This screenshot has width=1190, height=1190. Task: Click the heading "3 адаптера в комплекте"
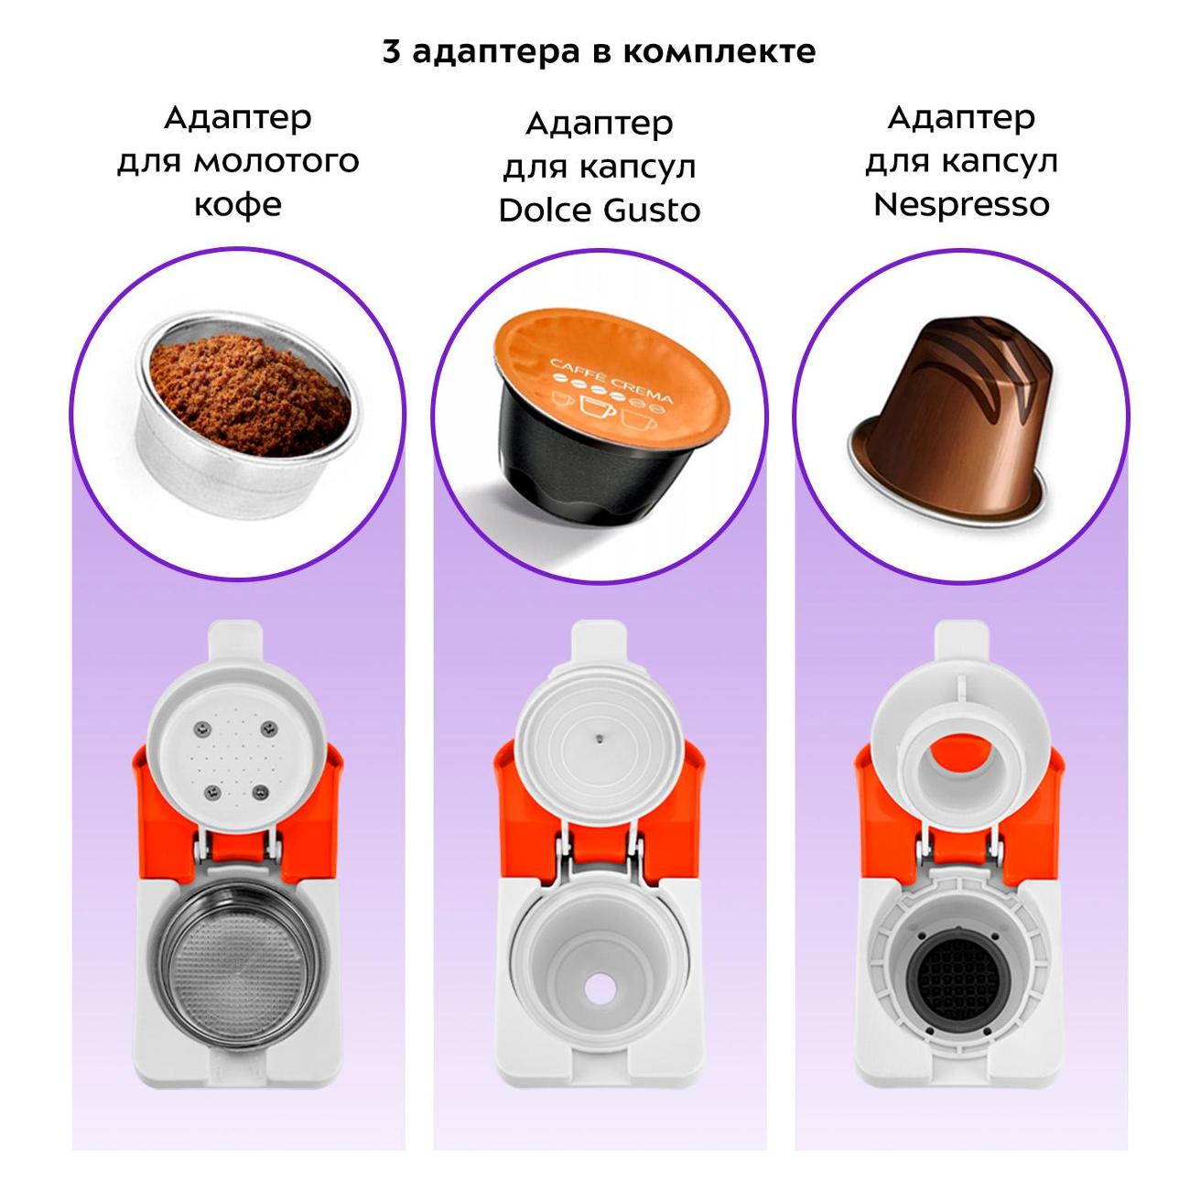tap(599, 52)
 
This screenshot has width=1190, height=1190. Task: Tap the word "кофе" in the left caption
tap(238, 204)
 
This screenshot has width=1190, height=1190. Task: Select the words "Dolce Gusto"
tap(599, 211)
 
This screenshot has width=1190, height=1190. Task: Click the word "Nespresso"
tap(961, 204)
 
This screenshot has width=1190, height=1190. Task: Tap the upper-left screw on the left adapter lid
tap(200, 730)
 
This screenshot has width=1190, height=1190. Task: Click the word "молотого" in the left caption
tap(276, 162)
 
